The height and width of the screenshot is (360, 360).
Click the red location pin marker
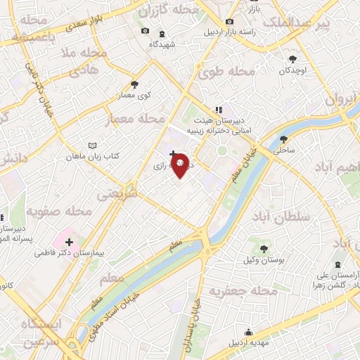click(180, 165)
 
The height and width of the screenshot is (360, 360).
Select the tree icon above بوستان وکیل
click(263, 248)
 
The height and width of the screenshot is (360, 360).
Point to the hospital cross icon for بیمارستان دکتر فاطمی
click(69, 242)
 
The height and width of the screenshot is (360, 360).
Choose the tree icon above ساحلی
click(283, 139)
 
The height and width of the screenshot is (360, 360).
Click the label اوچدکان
click(293, 70)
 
